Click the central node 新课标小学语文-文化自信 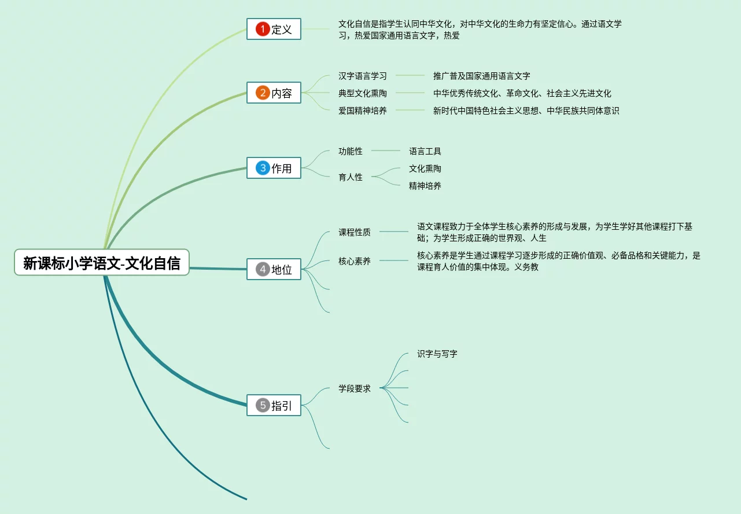(102, 263)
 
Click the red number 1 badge (263, 30)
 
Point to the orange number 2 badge (263, 93)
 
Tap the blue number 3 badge (263, 168)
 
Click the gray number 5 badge (263, 406)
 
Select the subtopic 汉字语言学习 (363, 76)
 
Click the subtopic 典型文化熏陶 (363, 93)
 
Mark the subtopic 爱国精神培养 (363, 111)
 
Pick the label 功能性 (351, 151)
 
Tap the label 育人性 (351, 177)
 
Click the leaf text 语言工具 (425, 151)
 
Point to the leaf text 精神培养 (425, 186)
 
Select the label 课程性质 (355, 232)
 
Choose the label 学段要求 (355, 388)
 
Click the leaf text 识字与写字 (437, 354)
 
